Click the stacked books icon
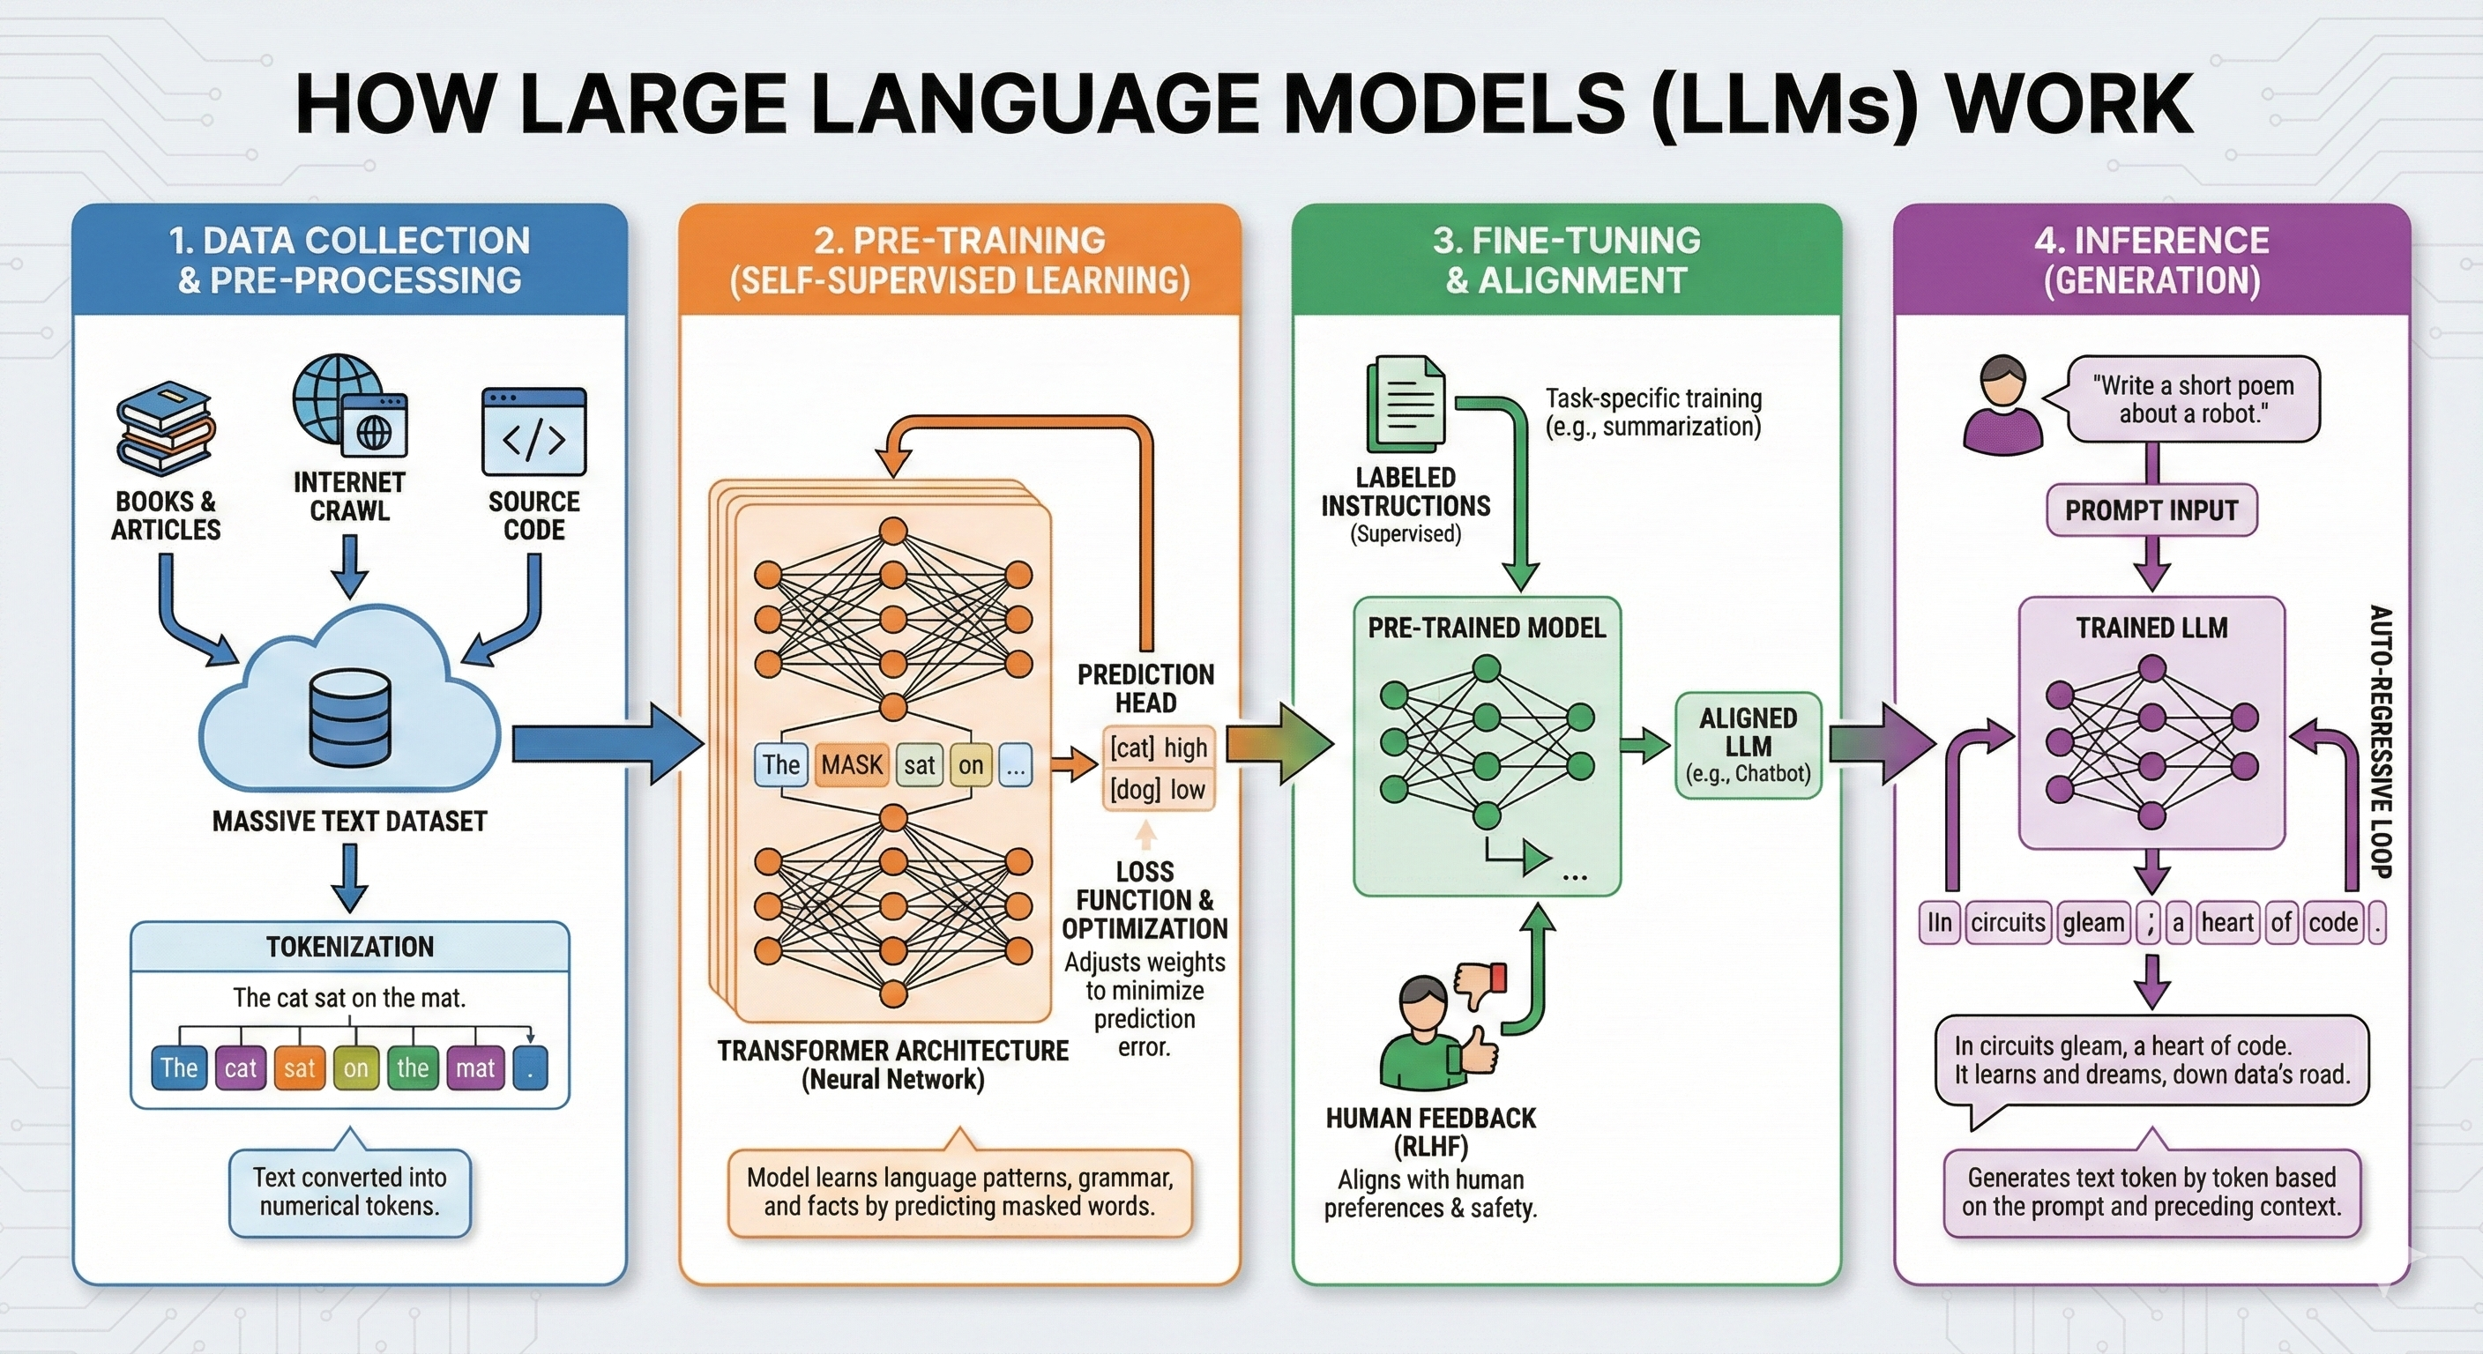pos(165,431)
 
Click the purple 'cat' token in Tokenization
pos(240,1068)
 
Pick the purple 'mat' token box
pos(474,1068)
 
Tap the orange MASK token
pos(851,765)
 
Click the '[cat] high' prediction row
pos(1158,748)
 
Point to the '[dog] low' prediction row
pos(1158,790)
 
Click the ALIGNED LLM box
pos(1748,745)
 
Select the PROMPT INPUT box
pos(2151,510)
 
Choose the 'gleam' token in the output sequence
pos(2092,922)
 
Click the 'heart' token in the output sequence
pos(2226,922)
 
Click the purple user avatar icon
pos(2002,405)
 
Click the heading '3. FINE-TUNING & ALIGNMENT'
pos(1566,260)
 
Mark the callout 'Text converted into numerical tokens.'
pos(350,1192)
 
